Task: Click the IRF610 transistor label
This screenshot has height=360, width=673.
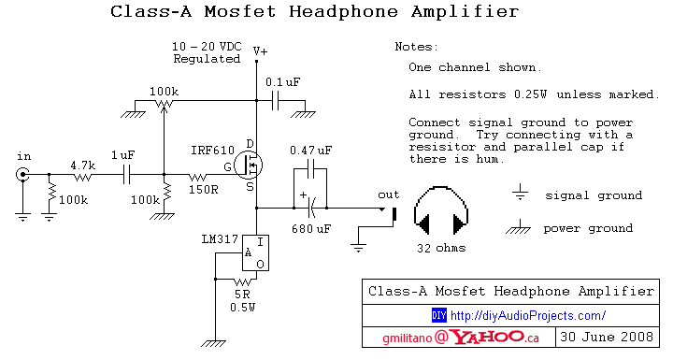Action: [x=212, y=151]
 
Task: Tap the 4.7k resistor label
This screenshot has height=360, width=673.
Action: [x=84, y=165]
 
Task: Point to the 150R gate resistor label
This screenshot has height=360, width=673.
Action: [x=203, y=190]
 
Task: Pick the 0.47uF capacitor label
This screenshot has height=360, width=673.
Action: [x=310, y=151]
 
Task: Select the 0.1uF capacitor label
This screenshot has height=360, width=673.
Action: [x=281, y=82]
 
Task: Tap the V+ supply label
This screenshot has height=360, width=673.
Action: [x=260, y=52]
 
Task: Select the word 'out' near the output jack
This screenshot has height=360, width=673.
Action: [x=388, y=194]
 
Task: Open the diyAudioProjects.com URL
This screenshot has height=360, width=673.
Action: [x=528, y=315]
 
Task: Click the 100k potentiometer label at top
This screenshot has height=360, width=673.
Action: [x=164, y=91]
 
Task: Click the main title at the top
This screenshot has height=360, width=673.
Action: [x=314, y=12]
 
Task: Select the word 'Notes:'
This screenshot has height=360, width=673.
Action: [x=415, y=46]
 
